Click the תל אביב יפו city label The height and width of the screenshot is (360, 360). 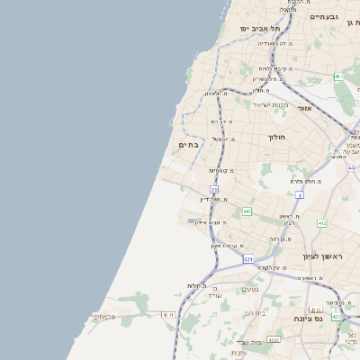click(x=261, y=29)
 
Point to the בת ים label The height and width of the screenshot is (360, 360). click(x=188, y=144)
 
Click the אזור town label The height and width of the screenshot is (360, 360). click(x=303, y=107)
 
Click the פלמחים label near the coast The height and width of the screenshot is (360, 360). click(x=104, y=317)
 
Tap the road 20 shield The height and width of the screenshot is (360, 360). click(x=214, y=189)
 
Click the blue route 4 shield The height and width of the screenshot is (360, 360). click(x=299, y=193)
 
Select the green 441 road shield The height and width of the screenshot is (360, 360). click(x=247, y=211)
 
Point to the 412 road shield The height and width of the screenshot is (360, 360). click(x=321, y=222)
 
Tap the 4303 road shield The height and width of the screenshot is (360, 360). click(x=274, y=339)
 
